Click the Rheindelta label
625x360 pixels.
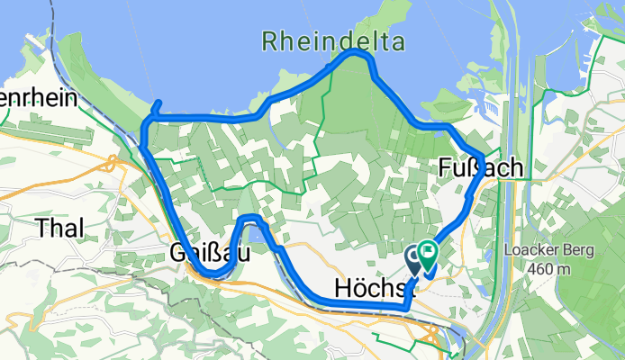point(333,40)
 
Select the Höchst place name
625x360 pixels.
point(370,288)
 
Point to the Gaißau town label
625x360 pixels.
point(209,255)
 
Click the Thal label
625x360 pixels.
point(61,229)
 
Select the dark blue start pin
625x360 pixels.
point(415,260)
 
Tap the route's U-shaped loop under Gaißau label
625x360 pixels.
point(213,272)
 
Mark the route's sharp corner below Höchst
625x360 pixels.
point(407,308)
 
